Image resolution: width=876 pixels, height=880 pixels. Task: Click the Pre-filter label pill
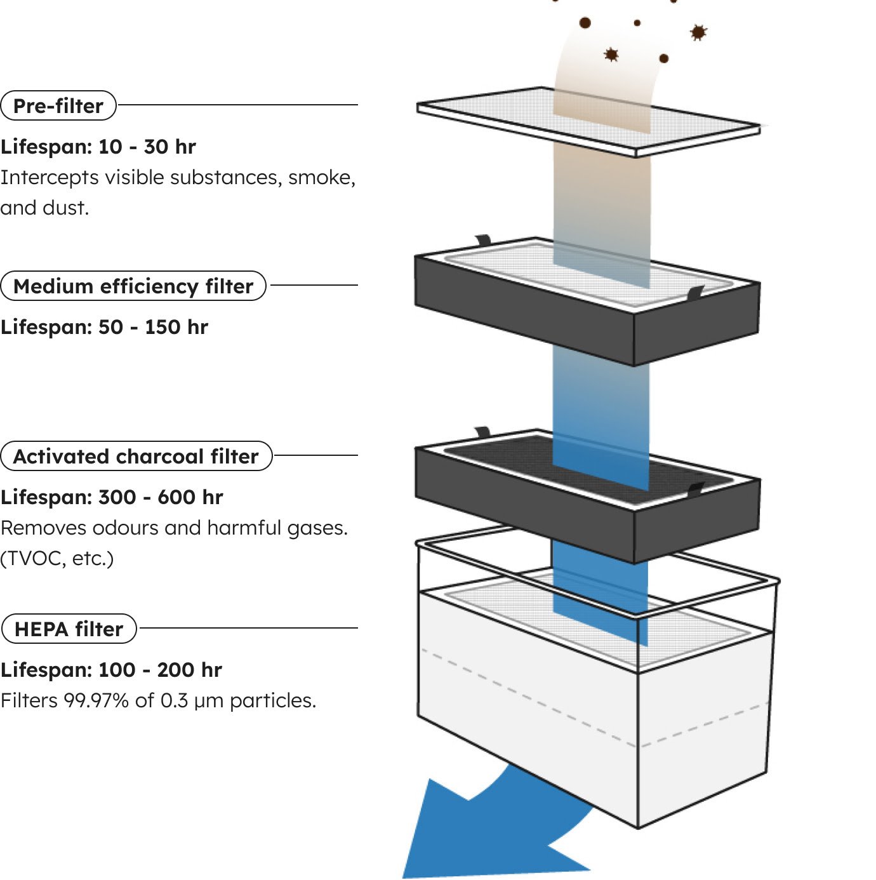[x=58, y=105]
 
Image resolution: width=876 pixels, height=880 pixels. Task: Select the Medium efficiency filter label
[x=133, y=286]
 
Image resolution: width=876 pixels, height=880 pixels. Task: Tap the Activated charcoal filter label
[x=136, y=456]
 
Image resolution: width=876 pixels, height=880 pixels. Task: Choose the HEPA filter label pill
[x=69, y=629]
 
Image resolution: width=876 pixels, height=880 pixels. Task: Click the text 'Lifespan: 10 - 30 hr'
[x=98, y=147]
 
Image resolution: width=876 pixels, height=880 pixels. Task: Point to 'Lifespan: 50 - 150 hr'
[x=104, y=327]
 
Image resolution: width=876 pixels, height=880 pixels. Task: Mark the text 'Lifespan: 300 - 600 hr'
[x=112, y=497]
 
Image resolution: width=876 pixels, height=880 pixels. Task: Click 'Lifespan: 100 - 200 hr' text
[x=111, y=670]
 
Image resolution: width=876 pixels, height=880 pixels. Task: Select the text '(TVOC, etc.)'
[x=57, y=558]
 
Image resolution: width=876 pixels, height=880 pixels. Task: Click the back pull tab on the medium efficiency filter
[x=483, y=240]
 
